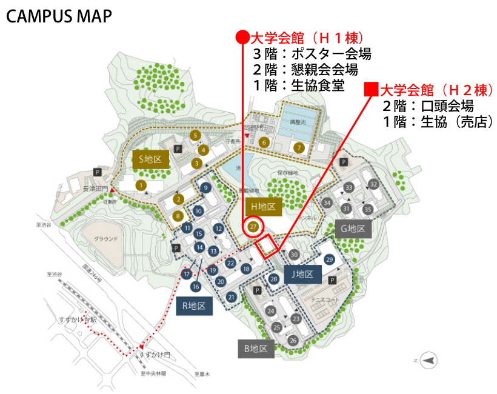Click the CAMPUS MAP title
point(59,16)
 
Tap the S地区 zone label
point(150,159)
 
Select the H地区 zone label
point(264,207)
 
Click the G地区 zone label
point(352,229)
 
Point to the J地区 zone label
point(301,274)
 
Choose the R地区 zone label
point(195,306)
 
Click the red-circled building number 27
point(254,227)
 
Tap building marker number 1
point(141,184)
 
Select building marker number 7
point(298,147)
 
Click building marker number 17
point(187,274)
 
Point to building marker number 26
point(293,340)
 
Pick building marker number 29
point(330,259)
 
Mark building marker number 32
point(373,184)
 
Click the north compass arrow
point(429,360)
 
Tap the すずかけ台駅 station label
point(77,319)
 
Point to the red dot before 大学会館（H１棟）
point(242,38)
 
